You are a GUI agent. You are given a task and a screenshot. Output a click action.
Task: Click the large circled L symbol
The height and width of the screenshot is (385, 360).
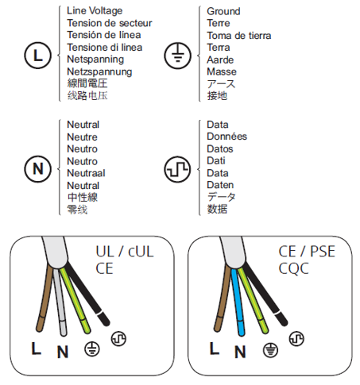[38, 56]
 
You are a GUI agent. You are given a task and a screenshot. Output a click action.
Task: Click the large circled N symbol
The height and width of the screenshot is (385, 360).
[38, 169]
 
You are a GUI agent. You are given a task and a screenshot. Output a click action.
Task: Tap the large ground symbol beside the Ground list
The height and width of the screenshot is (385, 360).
[178, 56]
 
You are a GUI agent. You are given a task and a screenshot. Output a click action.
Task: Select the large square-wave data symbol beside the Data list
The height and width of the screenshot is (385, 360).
[178, 169]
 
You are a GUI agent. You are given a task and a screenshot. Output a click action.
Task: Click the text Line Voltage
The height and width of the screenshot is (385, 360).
[95, 11]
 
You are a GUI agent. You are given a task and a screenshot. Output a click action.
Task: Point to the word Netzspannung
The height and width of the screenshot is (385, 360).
[99, 71]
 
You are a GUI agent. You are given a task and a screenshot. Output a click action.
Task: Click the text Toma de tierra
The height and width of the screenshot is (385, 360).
[239, 36]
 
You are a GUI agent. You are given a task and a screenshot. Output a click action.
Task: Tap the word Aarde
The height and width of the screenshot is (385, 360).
[220, 60]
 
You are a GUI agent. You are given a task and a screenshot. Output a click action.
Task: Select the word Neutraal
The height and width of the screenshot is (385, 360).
[86, 173]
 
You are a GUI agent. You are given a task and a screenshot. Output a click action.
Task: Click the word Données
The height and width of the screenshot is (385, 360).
[226, 137]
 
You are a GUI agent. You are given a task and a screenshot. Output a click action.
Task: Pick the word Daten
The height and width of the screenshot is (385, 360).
[220, 185]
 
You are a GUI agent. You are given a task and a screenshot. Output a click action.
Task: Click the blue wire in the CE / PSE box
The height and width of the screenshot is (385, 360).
[238, 302]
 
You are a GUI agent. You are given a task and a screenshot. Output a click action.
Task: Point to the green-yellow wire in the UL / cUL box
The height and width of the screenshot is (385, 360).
[75, 300]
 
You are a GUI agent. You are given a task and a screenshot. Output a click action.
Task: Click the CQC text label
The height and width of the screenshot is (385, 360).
[293, 268]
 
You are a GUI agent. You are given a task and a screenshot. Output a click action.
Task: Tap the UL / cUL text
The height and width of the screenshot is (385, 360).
[125, 252]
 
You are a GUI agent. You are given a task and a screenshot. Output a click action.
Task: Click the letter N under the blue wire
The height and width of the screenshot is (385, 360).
[240, 352]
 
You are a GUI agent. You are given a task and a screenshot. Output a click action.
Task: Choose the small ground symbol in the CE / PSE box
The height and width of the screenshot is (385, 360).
[270, 350]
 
